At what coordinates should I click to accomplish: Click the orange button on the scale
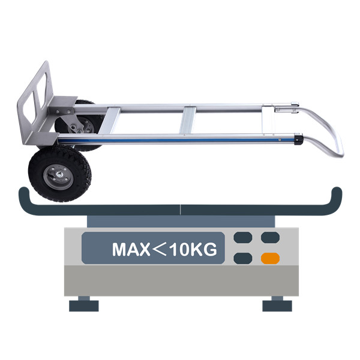click(x=270, y=259)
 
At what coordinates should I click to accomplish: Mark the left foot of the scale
click(x=83, y=305)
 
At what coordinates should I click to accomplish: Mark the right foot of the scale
click(x=277, y=305)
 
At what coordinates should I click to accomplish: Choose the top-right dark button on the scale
click(x=270, y=238)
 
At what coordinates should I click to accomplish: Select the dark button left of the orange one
click(x=242, y=259)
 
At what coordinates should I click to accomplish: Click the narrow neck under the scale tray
click(x=180, y=221)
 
